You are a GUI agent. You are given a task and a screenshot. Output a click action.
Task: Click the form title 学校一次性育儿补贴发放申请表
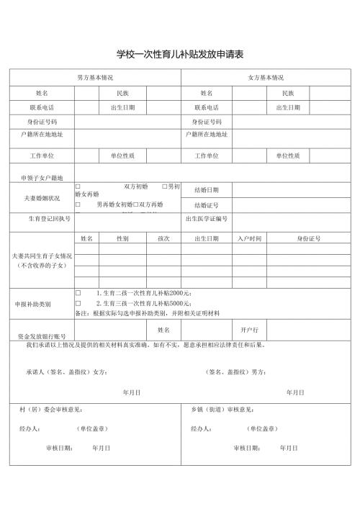pos(180,54)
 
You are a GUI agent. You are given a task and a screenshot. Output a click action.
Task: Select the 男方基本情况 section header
pos(95,77)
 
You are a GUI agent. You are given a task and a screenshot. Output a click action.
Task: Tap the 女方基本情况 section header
pos(266,77)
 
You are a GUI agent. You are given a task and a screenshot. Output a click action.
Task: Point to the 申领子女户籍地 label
pos(42,176)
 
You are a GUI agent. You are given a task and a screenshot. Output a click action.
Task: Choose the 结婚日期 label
pos(207,190)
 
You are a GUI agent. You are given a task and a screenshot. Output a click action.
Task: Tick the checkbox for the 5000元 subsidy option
pos(77,304)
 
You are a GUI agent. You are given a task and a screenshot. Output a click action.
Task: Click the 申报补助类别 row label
pos(33,304)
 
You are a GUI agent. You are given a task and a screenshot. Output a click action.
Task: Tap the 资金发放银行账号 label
pos(42,336)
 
